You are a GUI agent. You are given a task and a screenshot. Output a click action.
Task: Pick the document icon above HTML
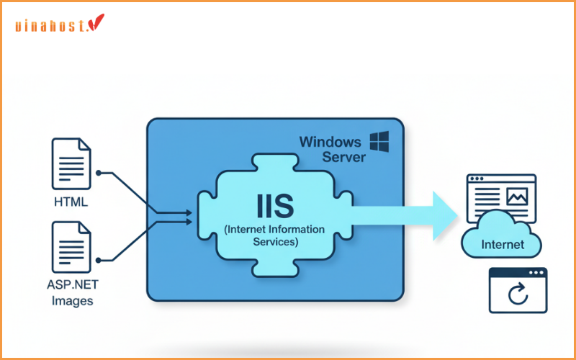coord(71,165)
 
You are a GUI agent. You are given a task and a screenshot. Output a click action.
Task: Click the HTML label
coord(71,202)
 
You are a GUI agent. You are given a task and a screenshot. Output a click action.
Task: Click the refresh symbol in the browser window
coord(518,294)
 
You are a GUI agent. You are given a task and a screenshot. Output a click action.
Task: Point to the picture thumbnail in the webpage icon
coord(516,196)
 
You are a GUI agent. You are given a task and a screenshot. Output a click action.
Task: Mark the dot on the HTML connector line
coord(99,173)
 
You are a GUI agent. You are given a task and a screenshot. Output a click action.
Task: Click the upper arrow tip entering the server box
coord(189,212)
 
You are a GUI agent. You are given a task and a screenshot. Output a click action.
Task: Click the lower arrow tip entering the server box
coord(189,220)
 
